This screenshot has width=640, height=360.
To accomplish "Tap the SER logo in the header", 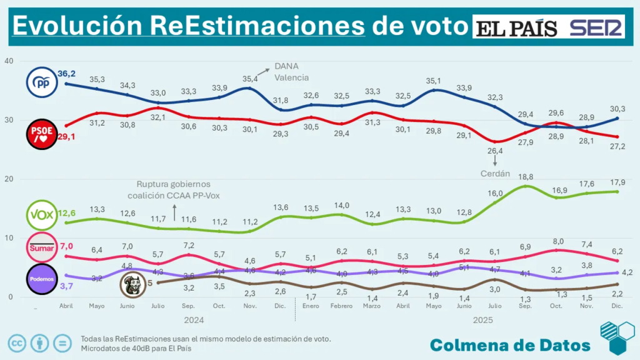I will pos(596,27).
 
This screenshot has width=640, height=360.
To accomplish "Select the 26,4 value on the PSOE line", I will pos(494,151).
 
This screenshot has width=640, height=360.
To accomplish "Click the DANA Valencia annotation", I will pos(291,72).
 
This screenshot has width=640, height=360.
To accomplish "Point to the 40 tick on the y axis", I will pos(9,61).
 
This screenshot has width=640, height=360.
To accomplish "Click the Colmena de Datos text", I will pos(510,345).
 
